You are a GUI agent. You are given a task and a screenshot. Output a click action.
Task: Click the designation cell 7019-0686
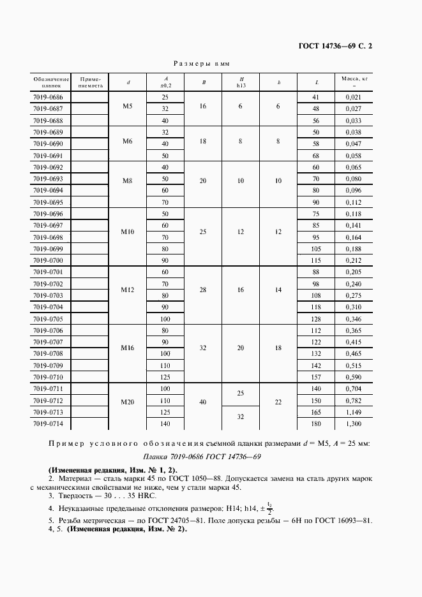pyautogui.click(x=47, y=97)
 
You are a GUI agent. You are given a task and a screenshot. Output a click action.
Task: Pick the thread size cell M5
pyautogui.click(x=127, y=106)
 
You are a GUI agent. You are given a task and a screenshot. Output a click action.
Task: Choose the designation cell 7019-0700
pyautogui.click(x=47, y=261)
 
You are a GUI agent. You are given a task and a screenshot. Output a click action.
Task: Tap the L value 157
pyautogui.click(x=315, y=378)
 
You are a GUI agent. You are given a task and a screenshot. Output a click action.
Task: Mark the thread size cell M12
pyautogui.click(x=127, y=290)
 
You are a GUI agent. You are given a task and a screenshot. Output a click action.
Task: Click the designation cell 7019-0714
pyautogui.click(x=47, y=424)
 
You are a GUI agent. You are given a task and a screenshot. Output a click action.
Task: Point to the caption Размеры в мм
pyautogui.click(x=202, y=64)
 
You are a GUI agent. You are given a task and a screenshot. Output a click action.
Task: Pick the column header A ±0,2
pyautogui.click(x=165, y=81)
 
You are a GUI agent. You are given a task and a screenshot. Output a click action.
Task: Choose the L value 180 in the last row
pyautogui.click(x=315, y=424)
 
